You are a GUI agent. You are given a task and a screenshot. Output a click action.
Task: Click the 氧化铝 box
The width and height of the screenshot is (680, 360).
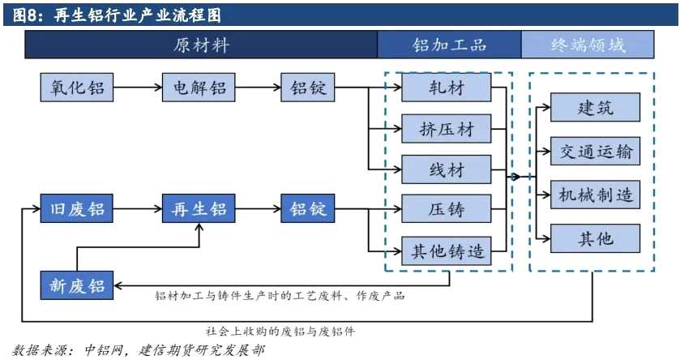click(75, 88)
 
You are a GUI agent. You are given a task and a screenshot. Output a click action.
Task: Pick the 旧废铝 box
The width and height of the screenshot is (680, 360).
click(75, 209)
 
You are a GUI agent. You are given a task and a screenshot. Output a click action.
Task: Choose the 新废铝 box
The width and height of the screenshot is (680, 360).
click(75, 285)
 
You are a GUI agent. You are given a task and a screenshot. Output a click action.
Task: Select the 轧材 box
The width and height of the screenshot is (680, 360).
click(446, 88)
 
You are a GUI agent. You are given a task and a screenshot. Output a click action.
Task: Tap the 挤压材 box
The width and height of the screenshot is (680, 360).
click(446, 128)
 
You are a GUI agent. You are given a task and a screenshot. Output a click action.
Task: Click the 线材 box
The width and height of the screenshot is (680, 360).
click(446, 169)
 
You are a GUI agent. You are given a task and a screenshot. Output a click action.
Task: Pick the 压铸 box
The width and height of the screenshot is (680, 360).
click(446, 209)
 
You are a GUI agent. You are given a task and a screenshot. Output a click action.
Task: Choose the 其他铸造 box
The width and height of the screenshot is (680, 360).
click(446, 251)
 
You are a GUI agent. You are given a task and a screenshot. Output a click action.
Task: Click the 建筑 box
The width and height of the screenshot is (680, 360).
click(595, 108)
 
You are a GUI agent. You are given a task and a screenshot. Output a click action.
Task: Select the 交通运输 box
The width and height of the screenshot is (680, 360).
click(595, 151)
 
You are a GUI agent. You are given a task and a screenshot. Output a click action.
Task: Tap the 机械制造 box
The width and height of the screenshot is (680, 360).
click(595, 195)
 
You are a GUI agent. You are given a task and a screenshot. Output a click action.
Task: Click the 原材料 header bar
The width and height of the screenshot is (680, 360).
click(201, 45)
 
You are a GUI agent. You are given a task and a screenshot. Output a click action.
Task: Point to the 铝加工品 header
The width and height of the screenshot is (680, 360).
click(449, 45)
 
